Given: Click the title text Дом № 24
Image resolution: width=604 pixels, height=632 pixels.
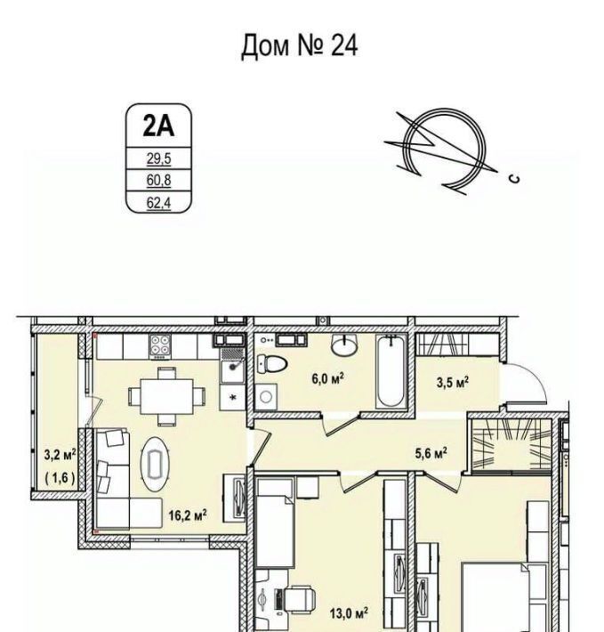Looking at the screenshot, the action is pyautogui.click(x=299, y=46).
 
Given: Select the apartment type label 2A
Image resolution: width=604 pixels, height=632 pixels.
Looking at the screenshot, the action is pyautogui.click(x=158, y=126).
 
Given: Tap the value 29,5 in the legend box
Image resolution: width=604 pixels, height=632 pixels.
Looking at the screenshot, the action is pyautogui.click(x=158, y=158).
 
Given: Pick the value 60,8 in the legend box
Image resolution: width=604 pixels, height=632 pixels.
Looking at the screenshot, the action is pyautogui.click(x=158, y=180).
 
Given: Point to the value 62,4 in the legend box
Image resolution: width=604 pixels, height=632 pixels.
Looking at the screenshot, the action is pyautogui.click(x=158, y=203).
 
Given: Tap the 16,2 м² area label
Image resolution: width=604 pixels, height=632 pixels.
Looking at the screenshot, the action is pyautogui.click(x=188, y=515).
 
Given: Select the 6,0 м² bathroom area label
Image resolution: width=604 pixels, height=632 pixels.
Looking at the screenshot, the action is pyautogui.click(x=327, y=379).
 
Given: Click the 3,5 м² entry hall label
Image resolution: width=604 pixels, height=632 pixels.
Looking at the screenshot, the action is pyautogui.click(x=453, y=382).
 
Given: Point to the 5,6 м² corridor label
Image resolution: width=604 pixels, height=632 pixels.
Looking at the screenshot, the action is pyautogui.click(x=431, y=454).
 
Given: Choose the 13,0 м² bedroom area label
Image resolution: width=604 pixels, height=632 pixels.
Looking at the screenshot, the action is pyautogui.click(x=349, y=614).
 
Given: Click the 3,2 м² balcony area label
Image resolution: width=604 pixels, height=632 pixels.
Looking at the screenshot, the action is pyautogui.click(x=60, y=456).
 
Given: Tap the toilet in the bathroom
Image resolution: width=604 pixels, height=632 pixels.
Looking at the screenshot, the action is pyautogui.click(x=272, y=363).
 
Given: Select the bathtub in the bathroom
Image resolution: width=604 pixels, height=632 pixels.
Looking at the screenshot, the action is pyautogui.click(x=391, y=371).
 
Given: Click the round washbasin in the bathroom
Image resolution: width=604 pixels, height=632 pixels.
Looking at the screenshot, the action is pyautogui.click(x=344, y=344).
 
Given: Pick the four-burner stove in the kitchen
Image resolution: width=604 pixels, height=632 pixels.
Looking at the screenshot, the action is pyautogui.click(x=161, y=346).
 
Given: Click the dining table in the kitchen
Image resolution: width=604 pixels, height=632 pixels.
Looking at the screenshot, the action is pyautogui.click(x=166, y=396).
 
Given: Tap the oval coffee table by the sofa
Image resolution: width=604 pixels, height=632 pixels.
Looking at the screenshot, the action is pyautogui.click(x=155, y=465).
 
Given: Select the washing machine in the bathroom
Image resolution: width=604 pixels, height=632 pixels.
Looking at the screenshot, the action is pyautogui.click(x=266, y=397).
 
